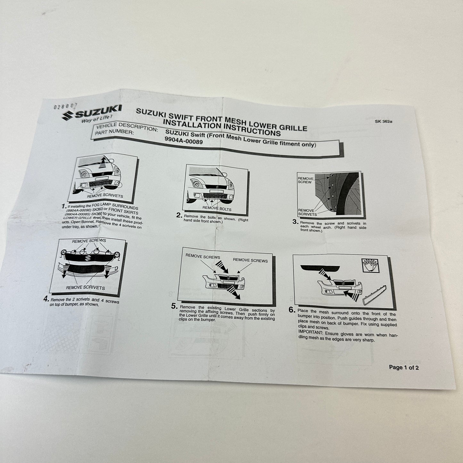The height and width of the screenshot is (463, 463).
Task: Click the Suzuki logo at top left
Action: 92,113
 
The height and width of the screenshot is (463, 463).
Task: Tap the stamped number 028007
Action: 65,106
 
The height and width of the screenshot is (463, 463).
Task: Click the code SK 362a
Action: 383,121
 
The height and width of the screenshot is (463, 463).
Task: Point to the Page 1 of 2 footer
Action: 403,367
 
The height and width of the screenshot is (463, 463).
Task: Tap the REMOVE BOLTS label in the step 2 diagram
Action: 217,209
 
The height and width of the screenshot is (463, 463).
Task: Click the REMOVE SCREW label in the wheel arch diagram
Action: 305,180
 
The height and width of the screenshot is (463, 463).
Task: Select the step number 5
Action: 174,306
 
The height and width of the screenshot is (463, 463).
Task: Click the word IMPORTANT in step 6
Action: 310,332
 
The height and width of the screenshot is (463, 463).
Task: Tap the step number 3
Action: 295,222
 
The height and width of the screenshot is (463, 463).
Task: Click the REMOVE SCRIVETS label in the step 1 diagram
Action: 105,196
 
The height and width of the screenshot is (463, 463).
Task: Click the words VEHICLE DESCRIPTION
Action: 127,127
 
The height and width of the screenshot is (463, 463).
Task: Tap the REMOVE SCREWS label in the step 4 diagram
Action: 89,241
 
